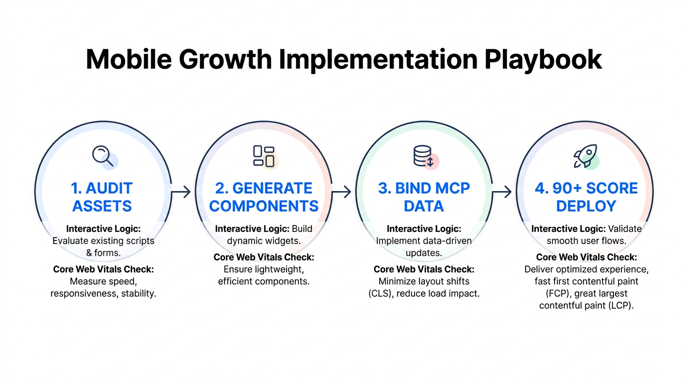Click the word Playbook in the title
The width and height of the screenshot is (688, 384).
click(542, 59)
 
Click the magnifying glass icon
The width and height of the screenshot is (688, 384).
click(103, 155)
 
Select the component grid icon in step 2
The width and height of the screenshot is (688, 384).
click(264, 156)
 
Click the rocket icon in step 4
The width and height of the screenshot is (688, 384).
click(585, 156)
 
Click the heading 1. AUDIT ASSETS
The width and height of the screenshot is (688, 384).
click(102, 197)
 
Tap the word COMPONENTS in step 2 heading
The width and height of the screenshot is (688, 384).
click(263, 206)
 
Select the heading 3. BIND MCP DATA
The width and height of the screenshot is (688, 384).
click(424, 197)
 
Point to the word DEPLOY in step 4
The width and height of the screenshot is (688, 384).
click(585, 206)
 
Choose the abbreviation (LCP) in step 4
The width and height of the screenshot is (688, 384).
click(620, 305)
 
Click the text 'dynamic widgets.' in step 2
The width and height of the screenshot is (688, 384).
click(263, 240)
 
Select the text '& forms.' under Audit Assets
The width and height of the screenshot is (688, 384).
click(103, 252)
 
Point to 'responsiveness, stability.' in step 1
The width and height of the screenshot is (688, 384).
click(103, 293)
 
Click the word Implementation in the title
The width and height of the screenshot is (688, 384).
click(378, 59)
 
